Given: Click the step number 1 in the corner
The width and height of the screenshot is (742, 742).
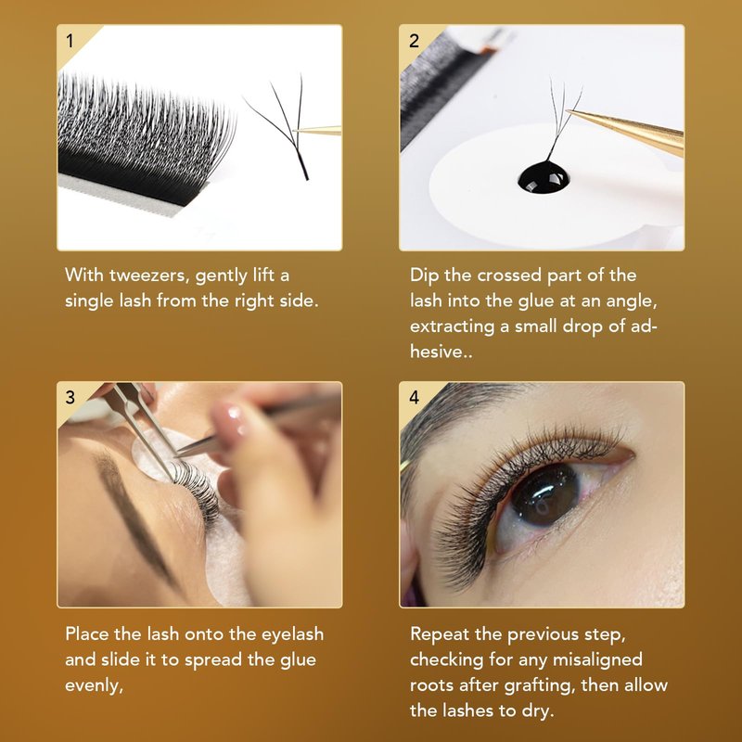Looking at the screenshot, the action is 70,41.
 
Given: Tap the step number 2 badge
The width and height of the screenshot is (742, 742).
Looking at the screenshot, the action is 414,41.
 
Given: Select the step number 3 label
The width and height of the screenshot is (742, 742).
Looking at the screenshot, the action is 70,397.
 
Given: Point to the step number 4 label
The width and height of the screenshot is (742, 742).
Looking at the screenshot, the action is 414,397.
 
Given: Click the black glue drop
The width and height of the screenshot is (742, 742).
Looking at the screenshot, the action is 544,177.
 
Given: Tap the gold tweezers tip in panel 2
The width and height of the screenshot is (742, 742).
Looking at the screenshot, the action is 569,111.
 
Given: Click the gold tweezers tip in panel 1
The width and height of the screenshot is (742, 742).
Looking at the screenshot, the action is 295,131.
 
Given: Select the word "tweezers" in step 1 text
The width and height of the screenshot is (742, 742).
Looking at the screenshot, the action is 149,275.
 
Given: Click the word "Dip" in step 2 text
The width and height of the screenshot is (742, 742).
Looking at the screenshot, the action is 425,275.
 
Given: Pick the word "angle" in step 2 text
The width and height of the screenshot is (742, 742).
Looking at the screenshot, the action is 631,301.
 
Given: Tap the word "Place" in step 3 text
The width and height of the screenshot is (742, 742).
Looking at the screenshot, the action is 87,633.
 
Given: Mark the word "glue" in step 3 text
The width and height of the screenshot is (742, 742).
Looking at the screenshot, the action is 298,660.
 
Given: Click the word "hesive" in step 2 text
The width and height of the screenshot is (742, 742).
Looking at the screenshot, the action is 437,352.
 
